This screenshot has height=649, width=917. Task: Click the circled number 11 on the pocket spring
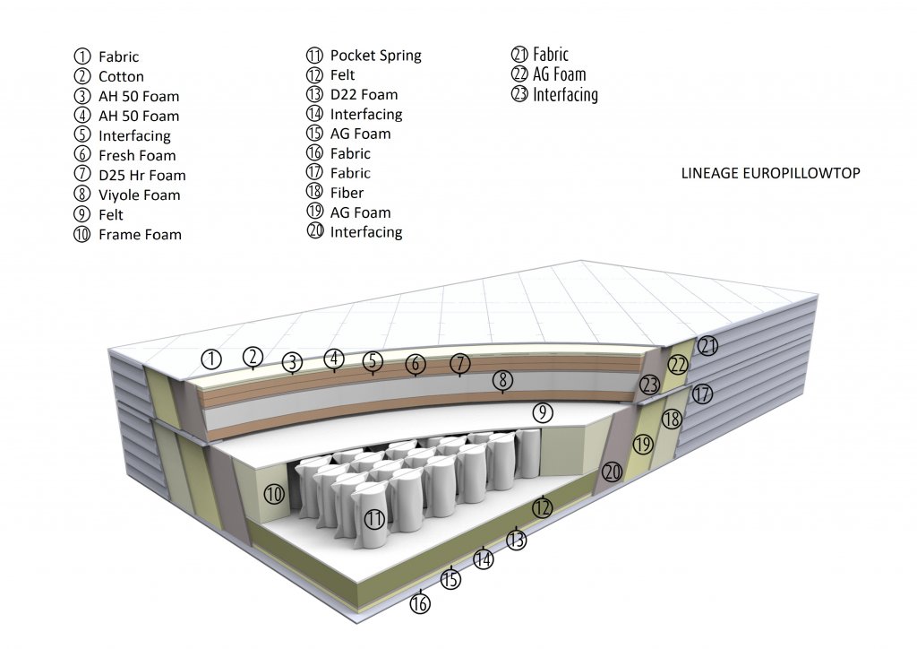click(x=374, y=518)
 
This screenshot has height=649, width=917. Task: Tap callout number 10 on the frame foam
click(x=275, y=492)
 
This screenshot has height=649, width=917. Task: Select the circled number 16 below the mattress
click(x=420, y=603)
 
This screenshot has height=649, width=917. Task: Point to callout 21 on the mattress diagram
click(x=708, y=346)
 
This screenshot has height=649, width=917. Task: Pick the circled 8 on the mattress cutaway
click(x=503, y=380)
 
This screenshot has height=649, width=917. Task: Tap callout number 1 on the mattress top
click(x=211, y=359)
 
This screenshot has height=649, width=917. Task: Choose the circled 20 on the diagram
click(x=613, y=472)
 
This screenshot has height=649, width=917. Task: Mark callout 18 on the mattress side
click(x=672, y=420)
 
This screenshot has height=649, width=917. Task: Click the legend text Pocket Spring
click(x=375, y=56)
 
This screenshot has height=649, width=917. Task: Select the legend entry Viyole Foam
click(x=139, y=195)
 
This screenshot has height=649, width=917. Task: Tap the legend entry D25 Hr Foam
click(x=141, y=176)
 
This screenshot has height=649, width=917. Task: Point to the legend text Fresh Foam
click(x=137, y=156)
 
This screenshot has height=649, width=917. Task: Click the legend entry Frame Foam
click(x=140, y=235)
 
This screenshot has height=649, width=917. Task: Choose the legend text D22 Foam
click(x=364, y=95)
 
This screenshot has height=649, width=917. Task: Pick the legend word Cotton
click(x=121, y=77)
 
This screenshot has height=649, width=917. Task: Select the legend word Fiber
click(x=347, y=193)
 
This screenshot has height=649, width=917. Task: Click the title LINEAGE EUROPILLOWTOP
click(x=770, y=173)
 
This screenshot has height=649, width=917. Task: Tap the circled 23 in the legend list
click(x=519, y=94)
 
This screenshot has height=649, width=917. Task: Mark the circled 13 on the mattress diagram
click(x=516, y=540)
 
